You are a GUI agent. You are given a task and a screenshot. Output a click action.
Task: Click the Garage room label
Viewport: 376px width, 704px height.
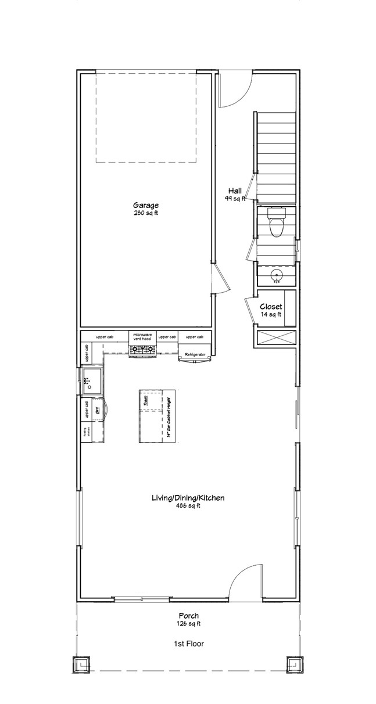[145, 205]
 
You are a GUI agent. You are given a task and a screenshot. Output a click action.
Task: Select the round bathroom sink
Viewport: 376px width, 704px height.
[275, 274]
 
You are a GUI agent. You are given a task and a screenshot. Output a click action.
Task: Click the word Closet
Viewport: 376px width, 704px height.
[271, 306]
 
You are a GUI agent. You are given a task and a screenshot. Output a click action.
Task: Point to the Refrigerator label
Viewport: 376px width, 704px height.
[195, 354]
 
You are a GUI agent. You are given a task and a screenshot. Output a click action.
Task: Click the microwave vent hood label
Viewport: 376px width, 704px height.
[142, 337]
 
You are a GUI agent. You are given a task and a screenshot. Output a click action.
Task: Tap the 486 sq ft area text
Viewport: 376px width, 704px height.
[188, 505]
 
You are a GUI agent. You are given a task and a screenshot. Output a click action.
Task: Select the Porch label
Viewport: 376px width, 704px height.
[188, 616]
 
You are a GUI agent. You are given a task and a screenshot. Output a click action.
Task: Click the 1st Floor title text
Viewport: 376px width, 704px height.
[188, 644]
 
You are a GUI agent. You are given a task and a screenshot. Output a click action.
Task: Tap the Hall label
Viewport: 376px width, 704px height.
[235, 191]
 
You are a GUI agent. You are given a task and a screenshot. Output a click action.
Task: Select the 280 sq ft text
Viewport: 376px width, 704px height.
[145, 213]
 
